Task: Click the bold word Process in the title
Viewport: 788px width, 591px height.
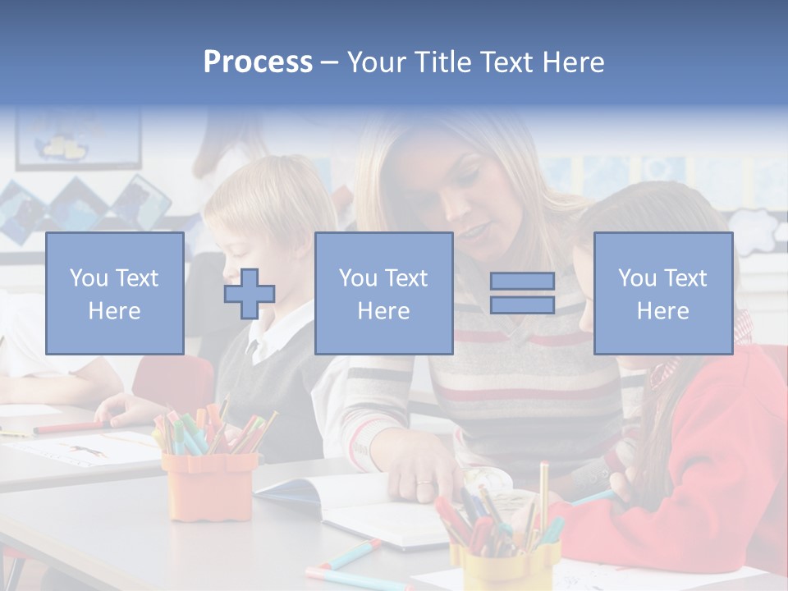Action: (258, 62)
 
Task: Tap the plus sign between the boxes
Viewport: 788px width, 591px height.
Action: (250, 294)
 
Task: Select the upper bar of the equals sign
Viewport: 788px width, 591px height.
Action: (522, 281)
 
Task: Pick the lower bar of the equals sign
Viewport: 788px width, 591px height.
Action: (522, 305)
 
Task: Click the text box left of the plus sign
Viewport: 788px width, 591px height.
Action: (115, 293)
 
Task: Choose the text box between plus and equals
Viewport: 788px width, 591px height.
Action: (383, 293)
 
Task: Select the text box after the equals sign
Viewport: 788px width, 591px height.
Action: (662, 293)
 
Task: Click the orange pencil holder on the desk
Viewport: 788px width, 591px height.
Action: (209, 483)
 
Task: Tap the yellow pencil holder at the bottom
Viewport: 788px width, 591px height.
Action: (501, 566)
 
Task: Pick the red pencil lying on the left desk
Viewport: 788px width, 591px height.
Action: (70, 427)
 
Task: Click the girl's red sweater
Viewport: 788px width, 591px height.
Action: (706, 460)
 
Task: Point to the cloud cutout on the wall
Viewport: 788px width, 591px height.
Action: (755, 226)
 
